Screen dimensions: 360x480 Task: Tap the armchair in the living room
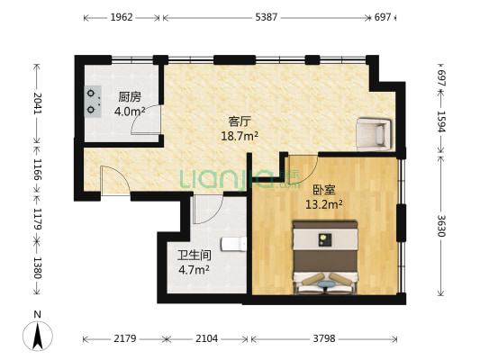pos(374,133)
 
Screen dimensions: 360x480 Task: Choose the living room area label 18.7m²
pos(240,136)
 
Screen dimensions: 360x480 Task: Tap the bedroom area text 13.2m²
pos(325,203)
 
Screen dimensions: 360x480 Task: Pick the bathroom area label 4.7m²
pos(193,268)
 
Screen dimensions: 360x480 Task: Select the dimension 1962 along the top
pos(122,17)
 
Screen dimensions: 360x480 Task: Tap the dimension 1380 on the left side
pos(37,267)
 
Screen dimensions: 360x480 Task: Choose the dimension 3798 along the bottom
pos(326,339)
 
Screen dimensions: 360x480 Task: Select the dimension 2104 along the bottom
pos(207,339)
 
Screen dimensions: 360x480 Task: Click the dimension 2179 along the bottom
pos(123,339)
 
